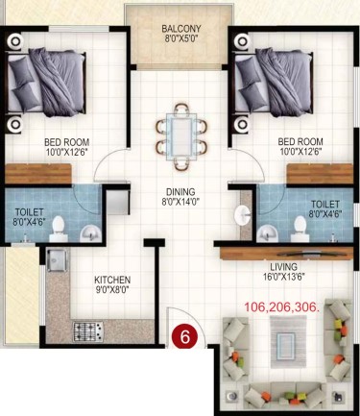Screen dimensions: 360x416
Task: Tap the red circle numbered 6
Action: [185, 337]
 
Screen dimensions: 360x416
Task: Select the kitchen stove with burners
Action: [88, 331]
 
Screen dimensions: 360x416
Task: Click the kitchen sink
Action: [57, 260]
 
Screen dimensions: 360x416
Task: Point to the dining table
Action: [181, 136]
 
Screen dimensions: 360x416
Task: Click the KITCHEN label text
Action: [112, 280]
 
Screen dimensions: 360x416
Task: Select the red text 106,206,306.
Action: [282, 306]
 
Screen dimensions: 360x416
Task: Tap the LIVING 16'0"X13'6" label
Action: [283, 272]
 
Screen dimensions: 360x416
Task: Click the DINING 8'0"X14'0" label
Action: [180, 197]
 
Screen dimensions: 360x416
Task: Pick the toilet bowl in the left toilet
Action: [59, 228]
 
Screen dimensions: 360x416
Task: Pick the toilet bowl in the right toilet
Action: [300, 228]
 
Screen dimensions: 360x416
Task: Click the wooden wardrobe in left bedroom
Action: [38, 174]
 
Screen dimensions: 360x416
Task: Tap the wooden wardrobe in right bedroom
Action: [320, 174]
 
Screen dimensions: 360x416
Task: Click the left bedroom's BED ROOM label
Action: [67, 147]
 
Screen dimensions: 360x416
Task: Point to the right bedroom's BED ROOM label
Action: [300, 146]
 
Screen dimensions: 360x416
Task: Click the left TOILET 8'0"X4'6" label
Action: [30, 217]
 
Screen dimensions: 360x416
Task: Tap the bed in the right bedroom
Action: [273, 83]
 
